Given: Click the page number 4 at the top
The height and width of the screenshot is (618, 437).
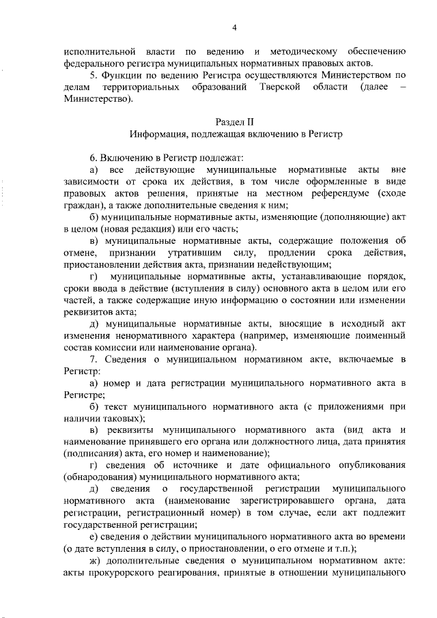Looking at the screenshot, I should pos(234,28).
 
